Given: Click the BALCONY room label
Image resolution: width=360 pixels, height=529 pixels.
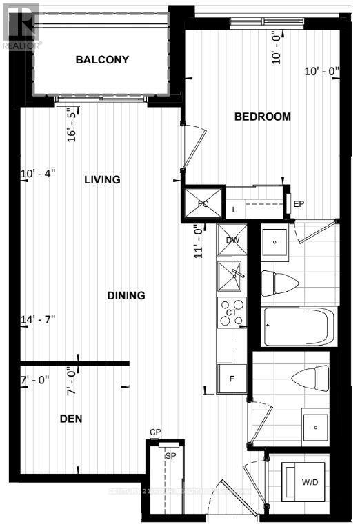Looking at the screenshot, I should coord(102,59).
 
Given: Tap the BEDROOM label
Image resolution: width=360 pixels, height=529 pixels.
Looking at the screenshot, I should coord(262,117).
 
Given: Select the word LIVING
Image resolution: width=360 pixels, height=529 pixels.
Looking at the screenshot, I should coord(102,179).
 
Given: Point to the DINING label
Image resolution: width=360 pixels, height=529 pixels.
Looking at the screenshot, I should coord(126,295).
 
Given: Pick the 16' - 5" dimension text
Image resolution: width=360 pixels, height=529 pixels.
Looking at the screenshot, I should coord(71,123).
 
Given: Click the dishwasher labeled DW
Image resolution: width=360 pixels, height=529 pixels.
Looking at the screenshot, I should coord(232,240).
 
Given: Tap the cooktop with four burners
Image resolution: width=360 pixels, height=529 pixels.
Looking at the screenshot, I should coord(231,312).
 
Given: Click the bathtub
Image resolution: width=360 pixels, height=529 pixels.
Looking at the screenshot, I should coord(299,326).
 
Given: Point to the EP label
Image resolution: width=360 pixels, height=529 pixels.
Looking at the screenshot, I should coord(299,204).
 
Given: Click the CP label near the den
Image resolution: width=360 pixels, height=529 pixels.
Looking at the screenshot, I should coord(155,432).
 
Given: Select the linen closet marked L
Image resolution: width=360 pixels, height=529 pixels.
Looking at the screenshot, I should coord(235,208).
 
